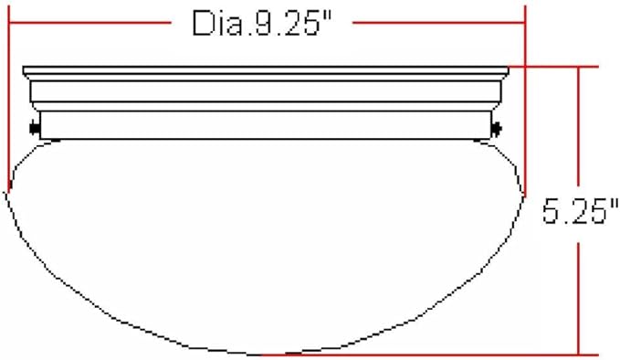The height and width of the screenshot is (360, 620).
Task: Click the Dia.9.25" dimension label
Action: (x=261, y=24)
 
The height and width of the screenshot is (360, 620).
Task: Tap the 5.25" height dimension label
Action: (x=580, y=211)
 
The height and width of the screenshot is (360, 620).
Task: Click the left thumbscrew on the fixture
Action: (x=35, y=128)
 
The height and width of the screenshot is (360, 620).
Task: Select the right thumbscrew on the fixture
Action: (x=496, y=128)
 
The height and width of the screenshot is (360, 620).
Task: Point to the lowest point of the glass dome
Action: (x=261, y=355)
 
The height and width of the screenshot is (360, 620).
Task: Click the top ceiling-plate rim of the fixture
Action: (x=266, y=70)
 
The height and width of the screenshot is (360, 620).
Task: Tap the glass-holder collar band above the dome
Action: (x=266, y=125)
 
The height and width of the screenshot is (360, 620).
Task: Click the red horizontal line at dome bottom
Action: (x=429, y=355)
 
